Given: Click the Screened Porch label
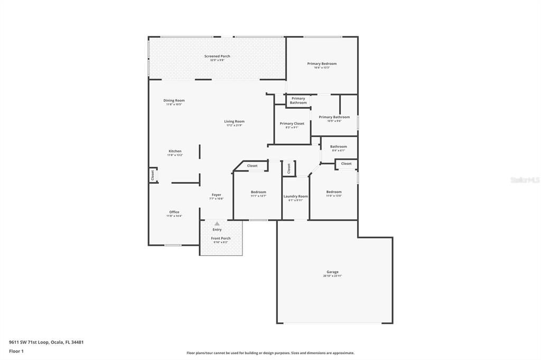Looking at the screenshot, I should pyautogui.click(x=217, y=56).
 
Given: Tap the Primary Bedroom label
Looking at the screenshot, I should pyautogui.click(x=322, y=64).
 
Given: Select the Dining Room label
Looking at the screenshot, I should pyautogui.click(x=174, y=100).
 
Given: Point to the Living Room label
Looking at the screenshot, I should pyautogui.click(x=234, y=121).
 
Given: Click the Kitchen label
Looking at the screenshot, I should pyautogui.click(x=175, y=151).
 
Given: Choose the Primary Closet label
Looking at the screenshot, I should pyautogui.click(x=292, y=124).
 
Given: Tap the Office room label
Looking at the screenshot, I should pyautogui.click(x=174, y=212).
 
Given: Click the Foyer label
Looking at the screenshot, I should pyautogui.click(x=217, y=195).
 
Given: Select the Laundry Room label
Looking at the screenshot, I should pyautogui.click(x=295, y=196).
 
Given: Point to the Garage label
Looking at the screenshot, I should pyautogui.click(x=332, y=272).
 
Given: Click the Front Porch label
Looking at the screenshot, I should pyautogui.click(x=221, y=238).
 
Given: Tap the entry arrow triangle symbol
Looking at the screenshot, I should pyautogui.click(x=217, y=224).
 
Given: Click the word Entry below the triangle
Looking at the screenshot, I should pyautogui.click(x=217, y=230).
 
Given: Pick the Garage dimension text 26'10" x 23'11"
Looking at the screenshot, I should pyautogui.click(x=332, y=276).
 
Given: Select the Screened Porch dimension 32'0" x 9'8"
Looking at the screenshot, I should pyautogui.click(x=217, y=60).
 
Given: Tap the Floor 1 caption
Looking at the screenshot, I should pyautogui.click(x=16, y=351).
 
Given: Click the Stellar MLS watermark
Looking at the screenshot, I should pyautogui.click(x=525, y=180).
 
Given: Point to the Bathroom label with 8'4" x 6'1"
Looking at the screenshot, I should pyautogui.click(x=339, y=147).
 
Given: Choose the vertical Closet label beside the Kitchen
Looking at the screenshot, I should pyautogui.click(x=153, y=175).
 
